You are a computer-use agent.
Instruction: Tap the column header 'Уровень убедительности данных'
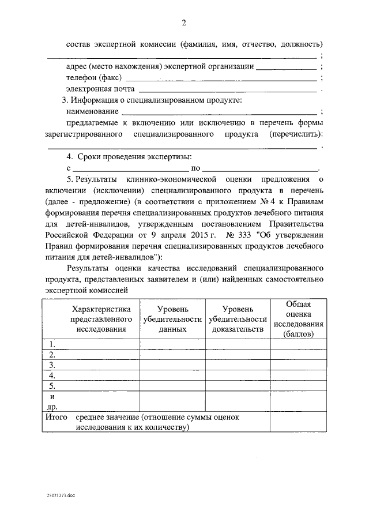tap(172, 319)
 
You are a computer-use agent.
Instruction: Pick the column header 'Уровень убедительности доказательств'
tap(238, 319)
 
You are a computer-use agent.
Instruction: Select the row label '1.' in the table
tap(52, 344)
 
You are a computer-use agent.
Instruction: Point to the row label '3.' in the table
tap(52, 365)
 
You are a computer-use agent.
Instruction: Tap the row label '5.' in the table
tap(52, 385)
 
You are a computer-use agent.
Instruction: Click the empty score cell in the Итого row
tap(298, 422)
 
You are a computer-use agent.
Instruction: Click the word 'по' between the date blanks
tap(195, 168)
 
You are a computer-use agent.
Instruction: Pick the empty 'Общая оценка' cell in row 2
tap(298, 355)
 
